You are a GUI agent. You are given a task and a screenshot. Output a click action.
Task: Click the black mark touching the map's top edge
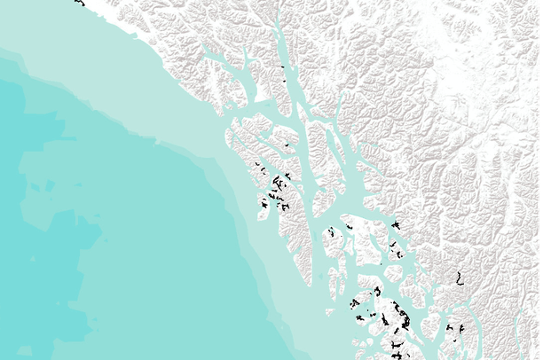tap(79, 3)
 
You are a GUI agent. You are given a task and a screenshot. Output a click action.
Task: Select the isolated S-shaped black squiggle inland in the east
tap(458, 278)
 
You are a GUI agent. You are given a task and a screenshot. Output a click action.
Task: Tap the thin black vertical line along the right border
tap(539, 177)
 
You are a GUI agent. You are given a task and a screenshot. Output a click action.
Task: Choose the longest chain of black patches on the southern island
tap(393, 319)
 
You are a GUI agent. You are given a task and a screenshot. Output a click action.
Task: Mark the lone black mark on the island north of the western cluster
tap(287, 145)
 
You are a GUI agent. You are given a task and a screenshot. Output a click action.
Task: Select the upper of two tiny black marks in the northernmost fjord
tap(282, 67)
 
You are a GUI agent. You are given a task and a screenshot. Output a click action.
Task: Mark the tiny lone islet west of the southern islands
tap(329, 312)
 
